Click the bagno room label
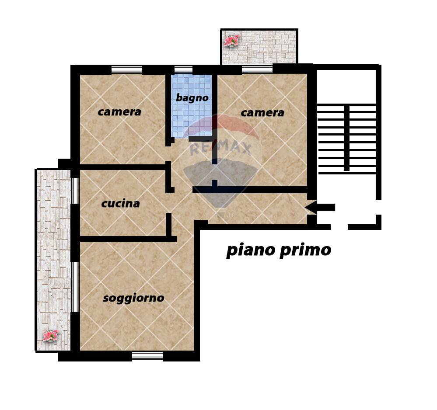tap(192, 98)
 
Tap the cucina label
tap(120, 204)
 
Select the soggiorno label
tap(133, 298)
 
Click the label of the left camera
tap(119, 112)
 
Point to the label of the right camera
tap(262, 113)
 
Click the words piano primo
tap(279, 250)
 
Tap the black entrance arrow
tap(320, 208)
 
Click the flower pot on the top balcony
tap(231, 40)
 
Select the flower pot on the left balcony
tap(51, 335)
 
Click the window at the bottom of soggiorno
tap(147, 355)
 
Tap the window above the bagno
tap(183, 69)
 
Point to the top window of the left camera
tap(127, 69)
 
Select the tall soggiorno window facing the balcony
tap(75, 287)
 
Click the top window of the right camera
tap(257, 69)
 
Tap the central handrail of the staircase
tap(346, 138)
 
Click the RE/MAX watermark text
tap(221, 149)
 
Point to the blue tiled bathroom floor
tap(192, 106)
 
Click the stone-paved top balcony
tap(259, 46)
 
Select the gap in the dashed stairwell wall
tap(339, 227)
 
